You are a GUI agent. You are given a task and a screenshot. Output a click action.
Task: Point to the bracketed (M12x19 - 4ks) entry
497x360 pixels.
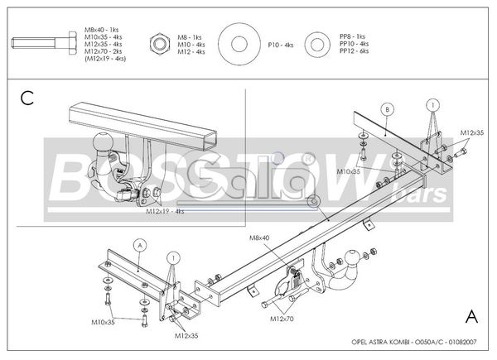pos(101,59)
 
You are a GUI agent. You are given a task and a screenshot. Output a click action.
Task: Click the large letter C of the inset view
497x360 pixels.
pos(27,99)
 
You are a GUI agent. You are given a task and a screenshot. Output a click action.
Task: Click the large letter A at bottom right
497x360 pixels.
pos(471,316)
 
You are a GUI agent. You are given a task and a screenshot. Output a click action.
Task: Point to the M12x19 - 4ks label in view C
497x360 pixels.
pos(166,211)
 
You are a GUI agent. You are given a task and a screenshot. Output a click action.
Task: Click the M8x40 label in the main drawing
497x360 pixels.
pos(260,238)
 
